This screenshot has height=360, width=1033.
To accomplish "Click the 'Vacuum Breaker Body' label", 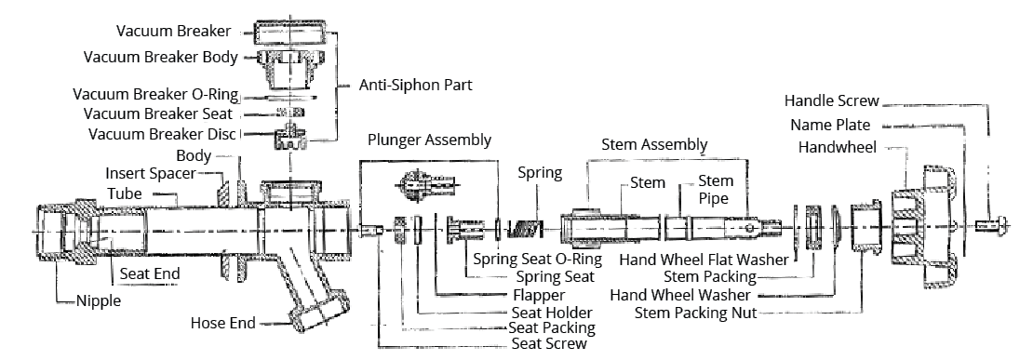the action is pyautogui.click(x=161, y=58).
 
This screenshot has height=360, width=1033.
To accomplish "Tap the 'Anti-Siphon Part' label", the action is pyautogui.click(x=415, y=86).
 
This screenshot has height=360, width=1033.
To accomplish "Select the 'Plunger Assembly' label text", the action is pyautogui.click(x=430, y=140).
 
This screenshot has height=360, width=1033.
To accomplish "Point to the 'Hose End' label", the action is pyautogui.click(x=222, y=323).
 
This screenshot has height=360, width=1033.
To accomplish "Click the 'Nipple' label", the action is pyautogui.click(x=99, y=300).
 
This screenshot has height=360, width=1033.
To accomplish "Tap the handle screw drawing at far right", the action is pyautogui.click(x=990, y=226).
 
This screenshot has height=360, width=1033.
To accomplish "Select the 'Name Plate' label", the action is pyautogui.click(x=830, y=125).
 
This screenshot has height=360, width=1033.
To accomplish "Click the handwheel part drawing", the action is pyautogui.click(x=923, y=227).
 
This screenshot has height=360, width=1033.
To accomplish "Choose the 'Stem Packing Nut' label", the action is pyautogui.click(x=696, y=313).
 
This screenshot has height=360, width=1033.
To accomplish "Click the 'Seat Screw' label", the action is pyautogui.click(x=549, y=344).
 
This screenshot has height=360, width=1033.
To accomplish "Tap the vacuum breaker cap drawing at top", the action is pyautogui.click(x=289, y=31).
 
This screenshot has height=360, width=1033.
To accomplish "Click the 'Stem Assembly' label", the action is pyautogui.click(x=655, y=144).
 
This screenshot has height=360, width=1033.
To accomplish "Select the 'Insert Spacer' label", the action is pyautogui.click(x=151, y=174).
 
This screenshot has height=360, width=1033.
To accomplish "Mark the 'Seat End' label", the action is pyautogui.click(x=150, y=273).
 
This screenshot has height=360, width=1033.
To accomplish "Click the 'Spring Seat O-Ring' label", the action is pyautogui.click(x=538, y=260).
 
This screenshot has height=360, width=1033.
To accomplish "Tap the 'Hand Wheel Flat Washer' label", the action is pyautogui.click(x=704, y=260).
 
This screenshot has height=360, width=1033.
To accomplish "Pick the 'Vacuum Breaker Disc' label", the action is pyautogui.click(x=163, y=134).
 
